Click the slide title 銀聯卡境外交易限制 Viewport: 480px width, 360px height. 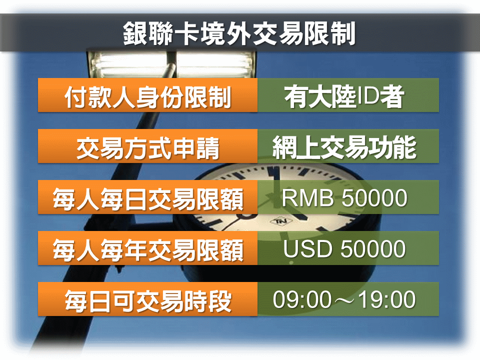pos(239,34)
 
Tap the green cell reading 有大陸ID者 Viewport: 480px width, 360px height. pos(344,97)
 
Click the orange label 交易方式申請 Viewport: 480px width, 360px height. pos(148,148)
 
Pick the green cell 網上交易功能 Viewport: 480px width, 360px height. pos(344,148)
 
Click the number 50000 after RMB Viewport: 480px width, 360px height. pos(374,198)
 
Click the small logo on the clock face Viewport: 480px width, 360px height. pos(278,221)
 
